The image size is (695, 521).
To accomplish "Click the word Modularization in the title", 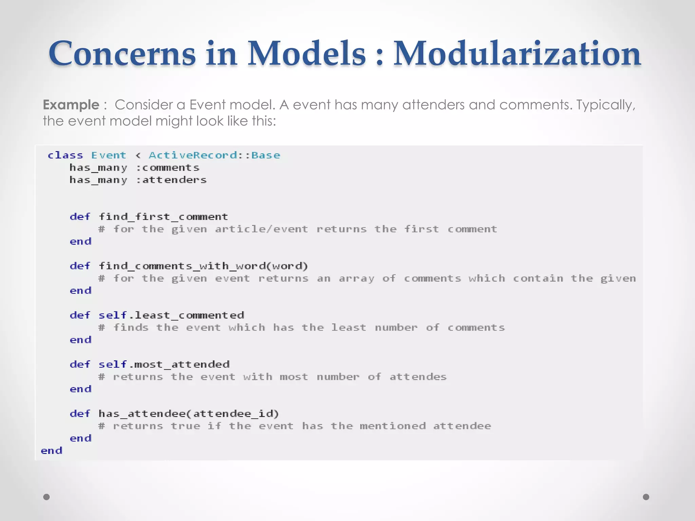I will pos(517,54).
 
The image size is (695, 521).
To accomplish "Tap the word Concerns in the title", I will pos(122,54).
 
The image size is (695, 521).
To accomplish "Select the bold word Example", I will pos(71,105).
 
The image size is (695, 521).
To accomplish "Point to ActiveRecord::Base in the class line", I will pos(214,155).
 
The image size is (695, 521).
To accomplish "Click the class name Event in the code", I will pos(109,155).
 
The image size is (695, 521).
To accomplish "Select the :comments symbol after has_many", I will pos(168,168).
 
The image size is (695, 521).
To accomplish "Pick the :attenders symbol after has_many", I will pos(171,180).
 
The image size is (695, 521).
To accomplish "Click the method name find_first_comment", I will pos(163,217).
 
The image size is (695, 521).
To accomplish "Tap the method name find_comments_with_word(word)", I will pos(203,266).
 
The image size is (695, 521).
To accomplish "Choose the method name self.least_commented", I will pos(171,315).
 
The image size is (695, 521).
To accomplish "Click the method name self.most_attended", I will pos(164,364).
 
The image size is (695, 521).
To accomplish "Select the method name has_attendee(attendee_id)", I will pos(189,413).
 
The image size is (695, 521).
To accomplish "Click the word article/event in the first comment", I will pos(261,229).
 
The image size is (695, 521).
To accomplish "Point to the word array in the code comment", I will pos(356,278).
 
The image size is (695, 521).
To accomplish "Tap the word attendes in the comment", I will pos(418,377).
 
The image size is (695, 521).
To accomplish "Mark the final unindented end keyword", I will pos(52,451).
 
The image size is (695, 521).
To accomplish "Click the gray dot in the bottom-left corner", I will pos(47,497).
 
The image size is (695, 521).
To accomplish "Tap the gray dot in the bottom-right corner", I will pos(646,497).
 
